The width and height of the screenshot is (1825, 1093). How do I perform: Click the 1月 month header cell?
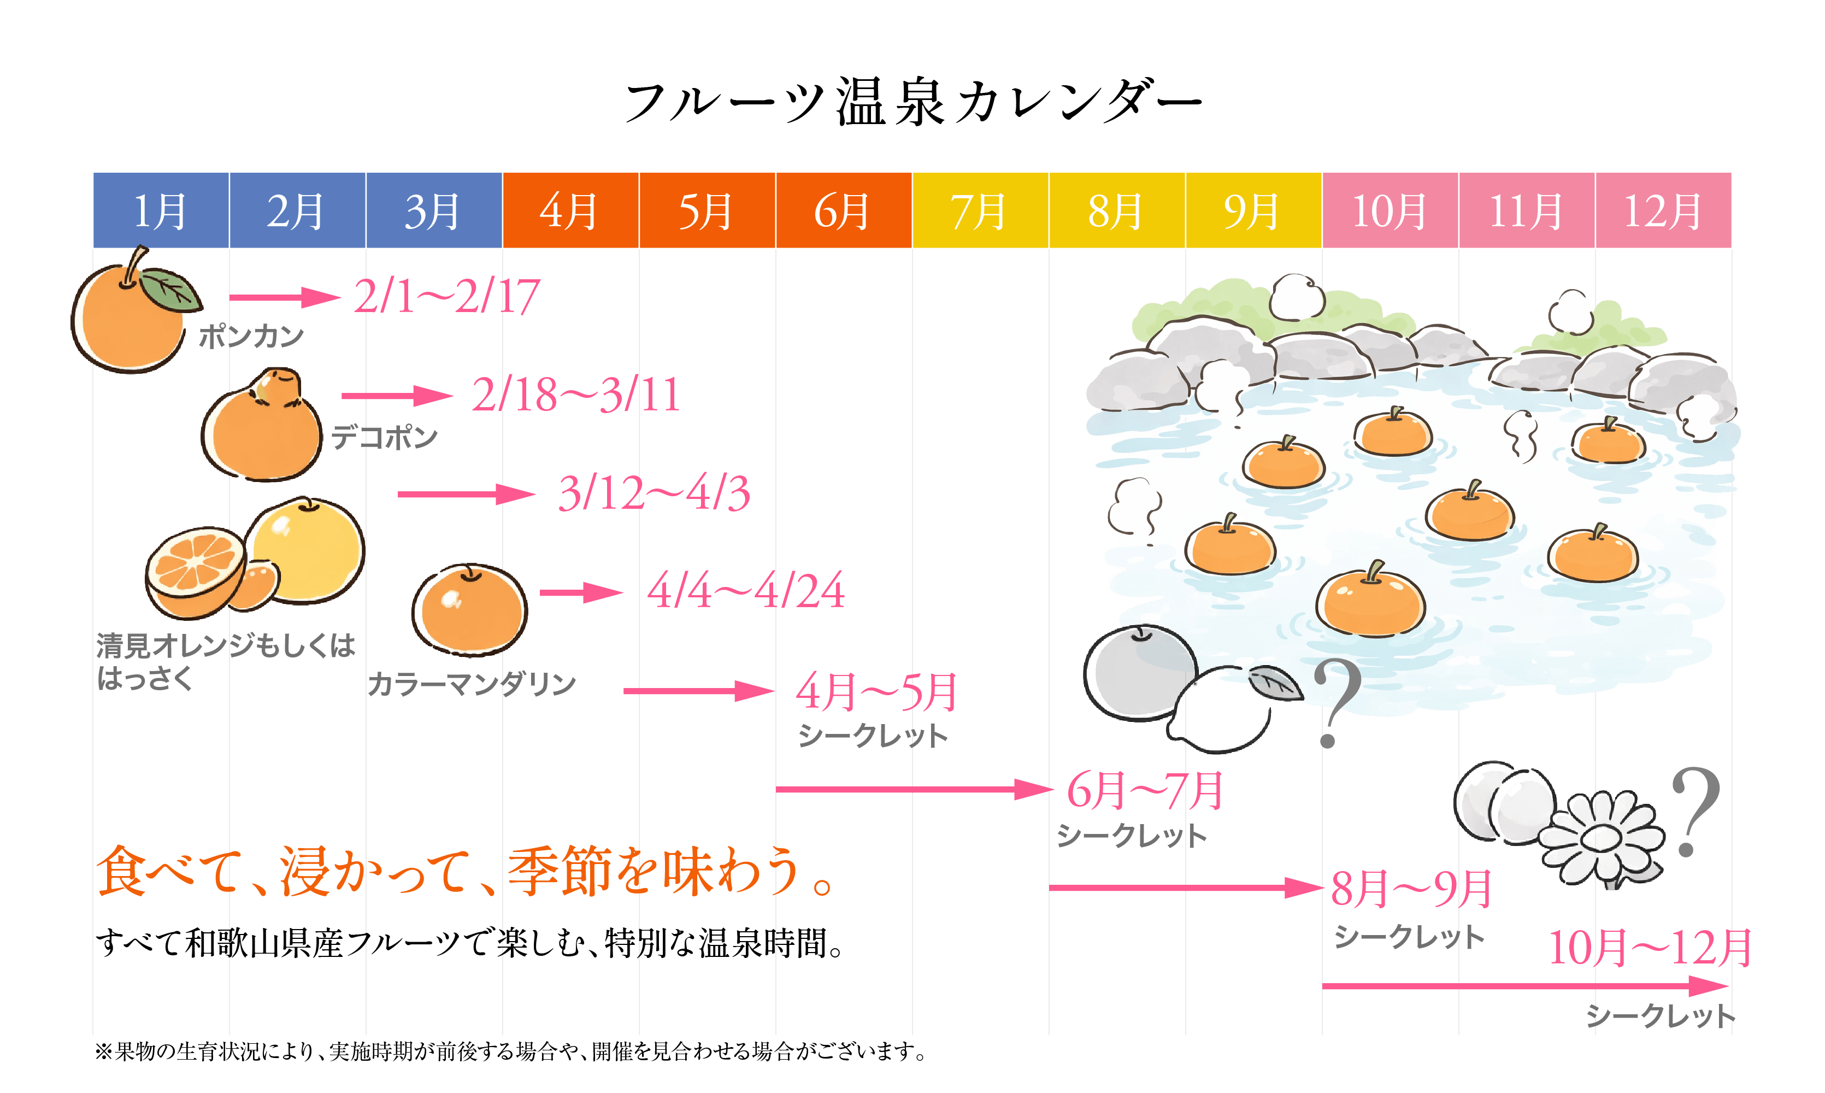pyautogui.click(x=161, y=210)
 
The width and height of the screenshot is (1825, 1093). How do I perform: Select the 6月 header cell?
pyautogui.click(x=843, y=210)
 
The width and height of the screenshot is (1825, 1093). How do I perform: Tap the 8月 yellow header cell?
pyautogui.click(x=1116, y=210)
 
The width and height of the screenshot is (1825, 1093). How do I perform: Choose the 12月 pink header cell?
pyautogui.click(x=1663, y=210)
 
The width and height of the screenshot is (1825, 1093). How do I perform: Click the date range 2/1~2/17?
pyautogui.click(x=447, y=297)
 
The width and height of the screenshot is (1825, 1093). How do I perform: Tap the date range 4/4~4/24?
pyautogui.click(x=746, y=591)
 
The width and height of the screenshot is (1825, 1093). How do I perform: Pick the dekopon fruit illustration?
pyautogui.click(x=263, y=427)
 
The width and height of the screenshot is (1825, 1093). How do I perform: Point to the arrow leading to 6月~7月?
pyautogui.click(x=913, y=790)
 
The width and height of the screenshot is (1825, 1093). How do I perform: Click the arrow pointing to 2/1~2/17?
pyautogui.click(x=284, y=297)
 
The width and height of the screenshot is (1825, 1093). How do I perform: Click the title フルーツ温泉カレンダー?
pyautogui.click(x=913, y=103)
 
